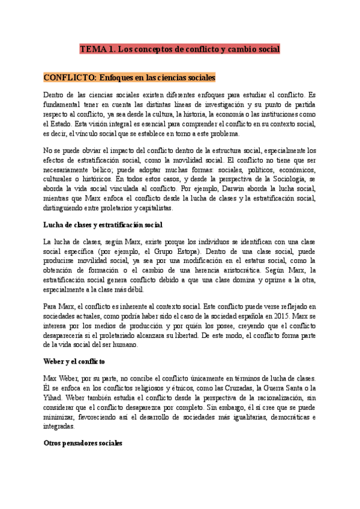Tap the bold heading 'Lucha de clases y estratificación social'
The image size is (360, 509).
(x=103, y=225)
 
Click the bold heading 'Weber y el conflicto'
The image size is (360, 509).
(x=74, y=361)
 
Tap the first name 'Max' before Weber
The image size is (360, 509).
(x=51, y=378)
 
